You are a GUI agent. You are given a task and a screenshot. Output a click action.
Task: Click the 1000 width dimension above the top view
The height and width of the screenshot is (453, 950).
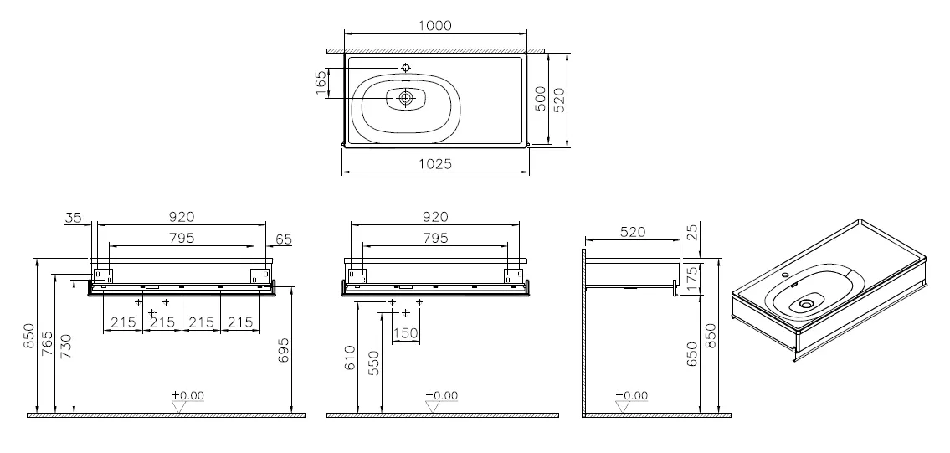tap(435, 25)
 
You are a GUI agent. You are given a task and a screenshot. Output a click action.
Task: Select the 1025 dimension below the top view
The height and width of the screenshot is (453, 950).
tap(435, 164)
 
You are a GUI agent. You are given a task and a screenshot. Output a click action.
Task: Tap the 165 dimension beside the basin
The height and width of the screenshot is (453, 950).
tap(321, 82)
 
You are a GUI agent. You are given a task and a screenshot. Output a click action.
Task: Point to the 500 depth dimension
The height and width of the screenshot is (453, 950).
tap(541, 98)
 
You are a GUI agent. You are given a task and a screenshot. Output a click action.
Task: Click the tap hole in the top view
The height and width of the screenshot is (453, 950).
tap(406, 67)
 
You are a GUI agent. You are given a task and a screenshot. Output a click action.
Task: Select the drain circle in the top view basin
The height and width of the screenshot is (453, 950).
tap(406, 97)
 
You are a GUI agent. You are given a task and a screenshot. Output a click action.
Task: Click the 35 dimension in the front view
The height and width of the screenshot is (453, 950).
tap(74, 218)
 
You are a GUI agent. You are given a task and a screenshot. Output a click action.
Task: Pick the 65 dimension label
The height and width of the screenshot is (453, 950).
tap(284, 239)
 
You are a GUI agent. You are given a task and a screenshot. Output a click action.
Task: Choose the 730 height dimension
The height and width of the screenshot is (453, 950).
tap(67, 347)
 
